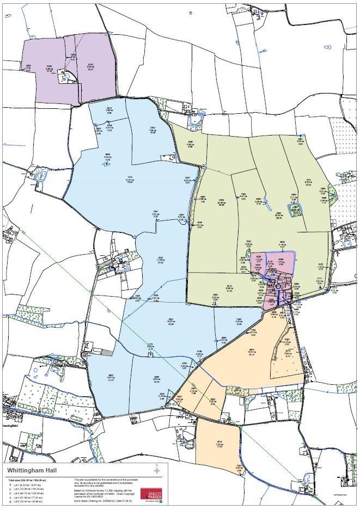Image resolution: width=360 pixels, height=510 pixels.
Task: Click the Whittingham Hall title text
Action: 35,469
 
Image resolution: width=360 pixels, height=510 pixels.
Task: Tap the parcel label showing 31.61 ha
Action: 130,180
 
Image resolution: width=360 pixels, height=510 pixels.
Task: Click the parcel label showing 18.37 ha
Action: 170,322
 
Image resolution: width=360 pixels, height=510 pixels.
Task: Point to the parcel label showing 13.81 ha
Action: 252,353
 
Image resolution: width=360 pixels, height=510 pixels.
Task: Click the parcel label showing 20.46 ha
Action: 221,202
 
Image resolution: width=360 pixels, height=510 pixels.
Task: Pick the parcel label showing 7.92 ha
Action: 153,130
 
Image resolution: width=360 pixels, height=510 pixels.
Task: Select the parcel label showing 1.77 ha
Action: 281,261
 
